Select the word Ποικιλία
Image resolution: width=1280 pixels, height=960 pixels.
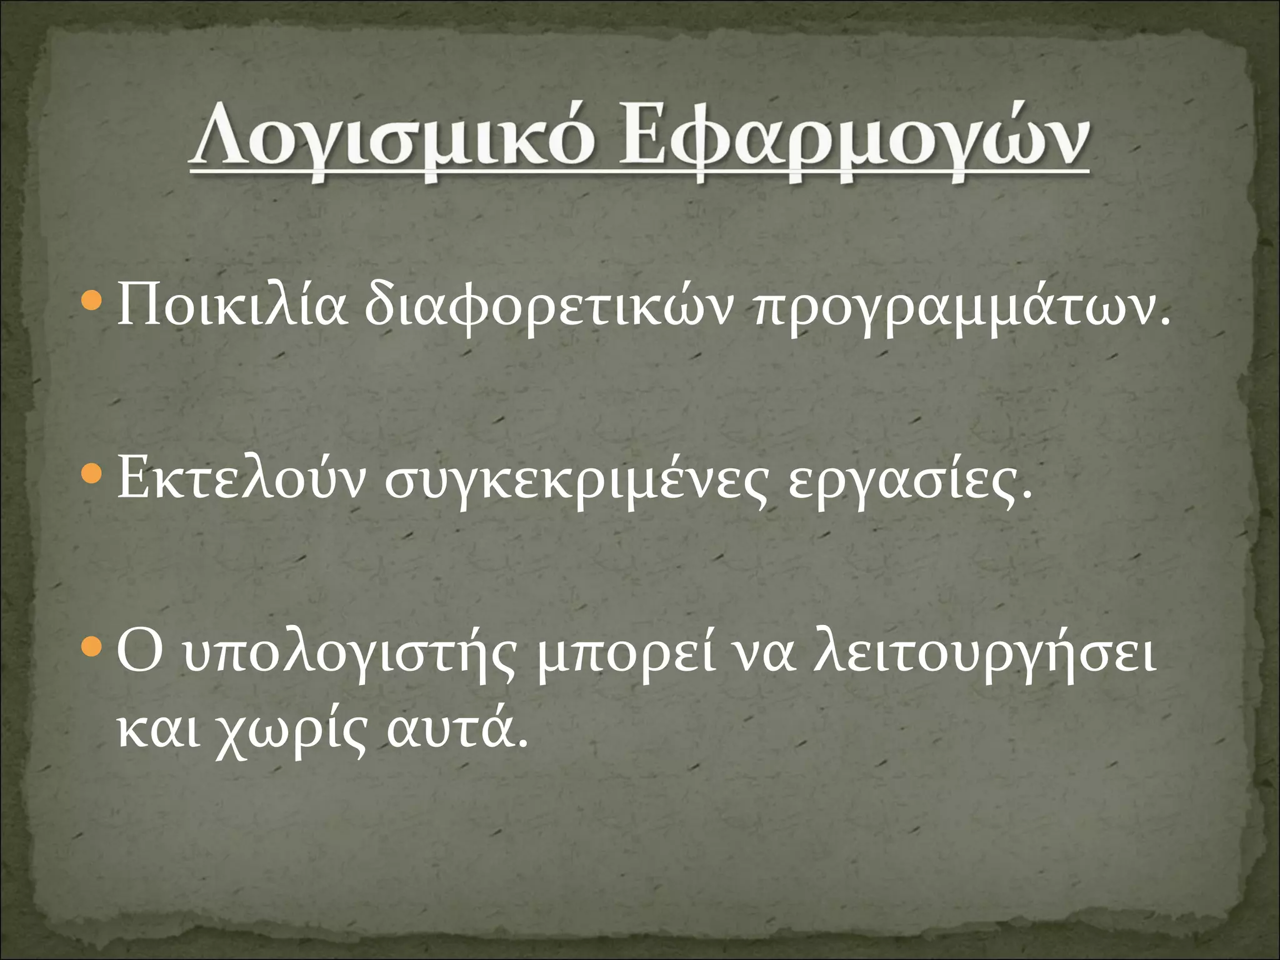(x=231, y=306)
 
